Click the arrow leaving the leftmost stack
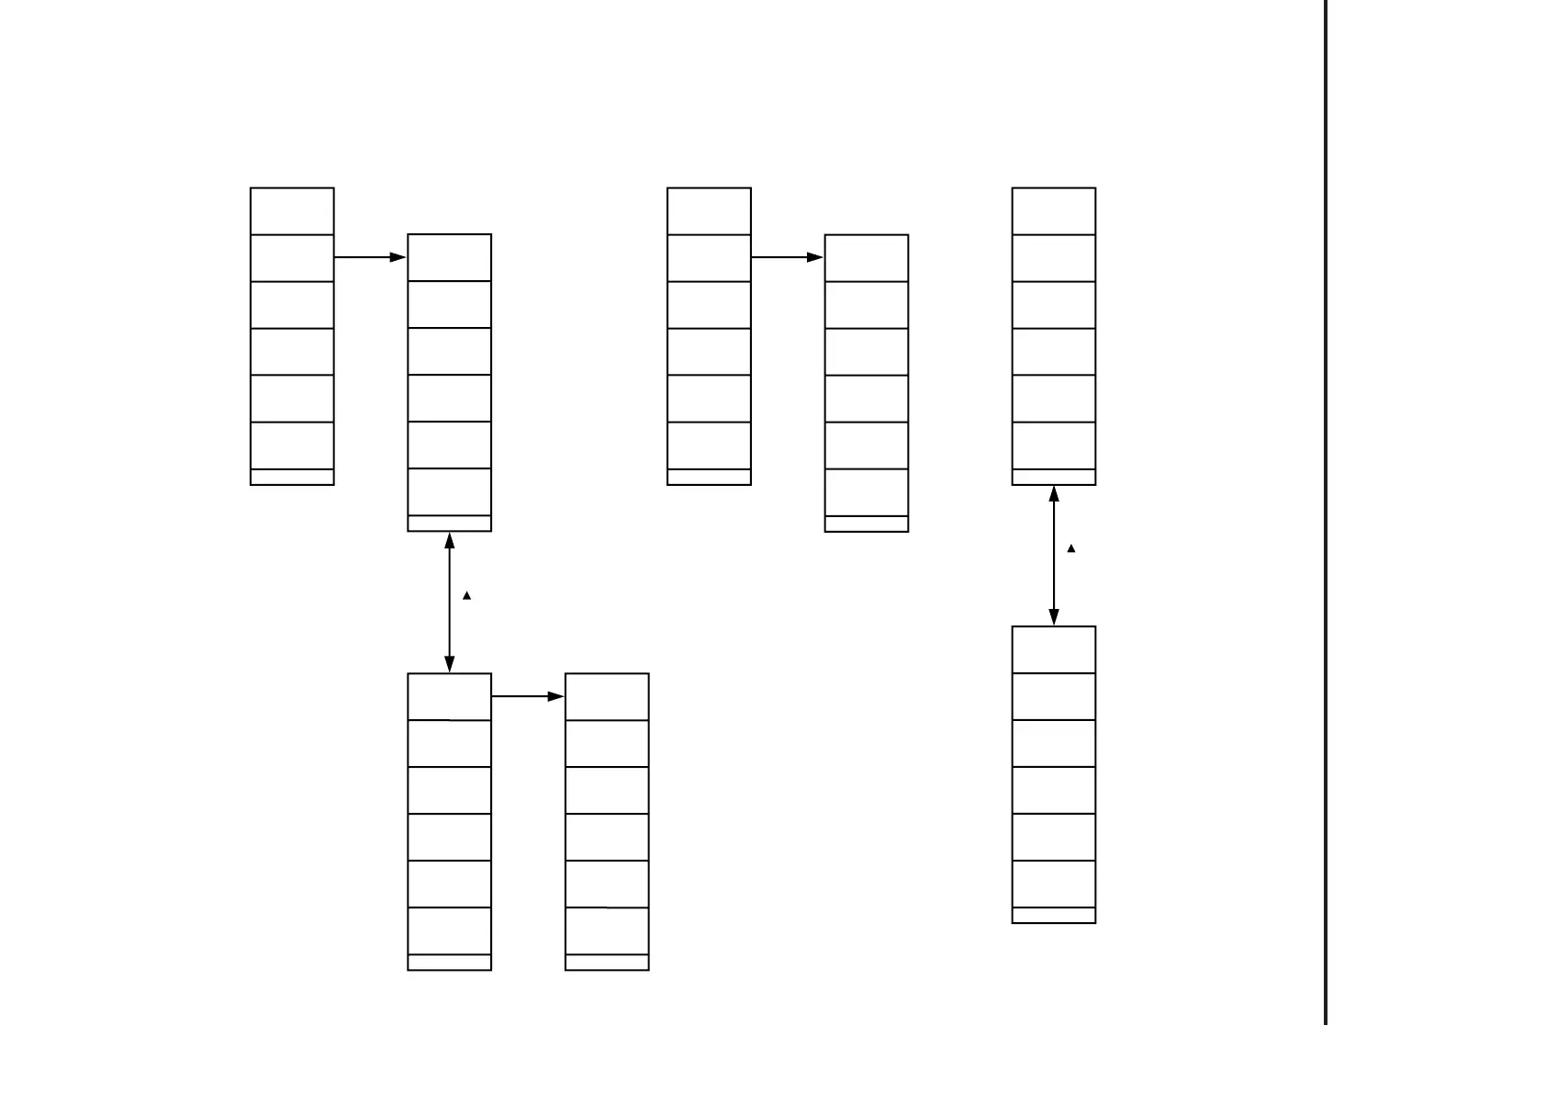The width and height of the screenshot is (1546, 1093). [367, 258]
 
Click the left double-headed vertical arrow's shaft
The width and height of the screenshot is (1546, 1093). [450, 603]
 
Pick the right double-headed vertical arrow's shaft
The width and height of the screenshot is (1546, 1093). [1054, 556]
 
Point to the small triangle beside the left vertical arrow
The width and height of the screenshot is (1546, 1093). [467, 596]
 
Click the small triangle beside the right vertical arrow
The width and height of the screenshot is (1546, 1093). [1071, 549]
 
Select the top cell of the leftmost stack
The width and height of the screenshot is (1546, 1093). [292, 211]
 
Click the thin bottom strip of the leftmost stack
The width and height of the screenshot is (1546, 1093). [292, 478]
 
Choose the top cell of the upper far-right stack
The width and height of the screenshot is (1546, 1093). [1054, 211]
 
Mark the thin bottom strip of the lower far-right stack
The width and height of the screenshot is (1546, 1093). [1054, 916]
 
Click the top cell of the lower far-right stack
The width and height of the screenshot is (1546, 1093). [1054, 650]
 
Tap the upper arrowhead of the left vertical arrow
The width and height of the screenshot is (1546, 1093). [450, 541]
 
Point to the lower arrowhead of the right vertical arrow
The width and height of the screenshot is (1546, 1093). [1054, 616]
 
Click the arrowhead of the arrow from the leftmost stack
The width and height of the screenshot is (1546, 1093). [398, 258]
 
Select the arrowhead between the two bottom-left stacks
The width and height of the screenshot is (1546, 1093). [556, 697]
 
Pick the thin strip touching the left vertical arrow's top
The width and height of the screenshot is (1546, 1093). [450, 524]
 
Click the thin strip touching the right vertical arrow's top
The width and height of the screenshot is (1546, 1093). [1054, 478]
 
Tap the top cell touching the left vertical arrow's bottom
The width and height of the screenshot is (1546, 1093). [450, 697]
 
